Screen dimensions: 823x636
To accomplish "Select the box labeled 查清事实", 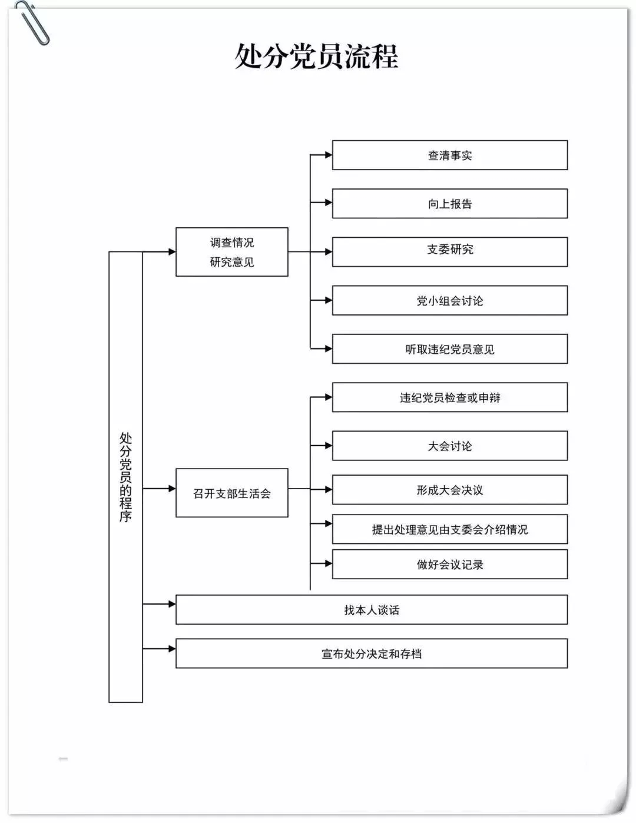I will click(x=449, y=155).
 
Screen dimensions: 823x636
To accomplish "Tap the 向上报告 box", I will click(x=449, y=204).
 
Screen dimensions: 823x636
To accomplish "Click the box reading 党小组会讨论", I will click(x=449, y=300).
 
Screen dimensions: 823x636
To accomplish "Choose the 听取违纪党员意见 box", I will click(x=449, y=349).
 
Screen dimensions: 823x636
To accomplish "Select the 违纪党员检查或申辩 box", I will click(x=449, y=397).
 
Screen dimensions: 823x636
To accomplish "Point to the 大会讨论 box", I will click(x=449, y=446).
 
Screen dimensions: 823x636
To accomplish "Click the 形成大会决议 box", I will click(x=449, y=490).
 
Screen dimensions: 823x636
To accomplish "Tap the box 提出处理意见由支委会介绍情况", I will click(x=449, y=529).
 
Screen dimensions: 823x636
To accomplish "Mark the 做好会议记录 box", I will click(x=449, y=565).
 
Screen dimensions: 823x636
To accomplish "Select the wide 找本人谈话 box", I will click(x=371, y=610).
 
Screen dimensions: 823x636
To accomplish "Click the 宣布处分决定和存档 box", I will click(x=371, y=653).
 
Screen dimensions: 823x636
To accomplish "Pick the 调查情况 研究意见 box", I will click(x=231, y=252).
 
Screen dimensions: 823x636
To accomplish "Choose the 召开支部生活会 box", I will click(x=231, y=493).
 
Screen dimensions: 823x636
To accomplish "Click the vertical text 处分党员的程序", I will click(x=125, y=477).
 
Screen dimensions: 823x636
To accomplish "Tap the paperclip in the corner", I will click(x=34, y=22).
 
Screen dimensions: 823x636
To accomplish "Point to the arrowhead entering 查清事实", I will click(x=329, y=155).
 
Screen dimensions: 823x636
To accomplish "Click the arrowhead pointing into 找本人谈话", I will click(x=172, y=604).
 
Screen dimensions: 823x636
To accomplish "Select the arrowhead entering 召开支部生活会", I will click(x=172, y=489).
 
